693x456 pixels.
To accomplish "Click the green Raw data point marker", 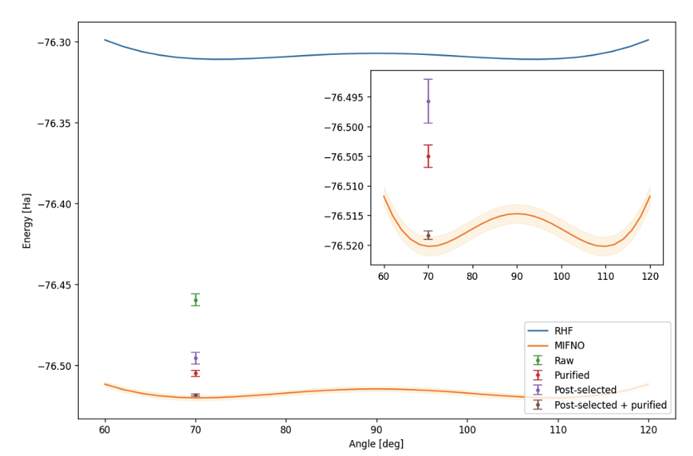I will tap(195, 300).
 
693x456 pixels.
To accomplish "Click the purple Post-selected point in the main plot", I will tap(195, 358).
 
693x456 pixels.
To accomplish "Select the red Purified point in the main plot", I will tap(195, 373).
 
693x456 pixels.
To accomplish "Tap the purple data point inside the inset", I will tap(428, 101).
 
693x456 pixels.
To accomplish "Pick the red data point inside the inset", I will tap(428, 156).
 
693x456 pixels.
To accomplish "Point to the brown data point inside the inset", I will tap(428, 235).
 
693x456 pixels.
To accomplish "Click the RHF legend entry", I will tap(564, 331).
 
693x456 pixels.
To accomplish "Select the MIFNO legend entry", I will tap(569, 345).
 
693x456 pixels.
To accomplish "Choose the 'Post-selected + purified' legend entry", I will tap(610, 405).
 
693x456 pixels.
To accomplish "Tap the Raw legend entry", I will tap(564, 361).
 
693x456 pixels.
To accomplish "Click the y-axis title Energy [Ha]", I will tap(27, 220).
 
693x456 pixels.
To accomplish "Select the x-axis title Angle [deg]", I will tap(376, 444).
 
